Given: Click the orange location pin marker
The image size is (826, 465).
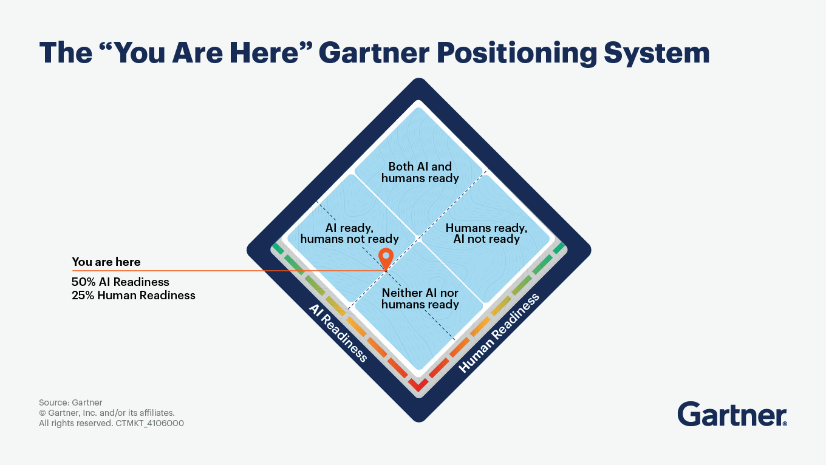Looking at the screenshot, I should (386, 258).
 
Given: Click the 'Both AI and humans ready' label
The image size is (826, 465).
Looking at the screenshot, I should (420, 172).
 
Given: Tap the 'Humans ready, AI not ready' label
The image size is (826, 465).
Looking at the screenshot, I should (486, 234).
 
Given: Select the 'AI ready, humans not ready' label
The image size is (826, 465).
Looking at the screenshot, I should (350, 234).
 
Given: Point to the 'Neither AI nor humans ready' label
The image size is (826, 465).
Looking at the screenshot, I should (420, 299).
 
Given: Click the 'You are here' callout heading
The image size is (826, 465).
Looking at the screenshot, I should (106, 262).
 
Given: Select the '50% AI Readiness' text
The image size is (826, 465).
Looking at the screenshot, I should (120, 282).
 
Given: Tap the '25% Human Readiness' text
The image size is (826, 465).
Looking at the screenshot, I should (134, 296).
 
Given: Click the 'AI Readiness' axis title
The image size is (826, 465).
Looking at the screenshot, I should (338, 333).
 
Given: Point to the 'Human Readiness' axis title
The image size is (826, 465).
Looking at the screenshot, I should (499, 333).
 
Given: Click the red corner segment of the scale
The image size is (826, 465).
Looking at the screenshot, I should (418, 384).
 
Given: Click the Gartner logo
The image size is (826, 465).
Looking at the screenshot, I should (731, 415).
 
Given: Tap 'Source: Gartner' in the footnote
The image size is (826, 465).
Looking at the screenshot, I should (70, 402).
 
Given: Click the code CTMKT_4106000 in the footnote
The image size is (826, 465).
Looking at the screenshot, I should (149, 423).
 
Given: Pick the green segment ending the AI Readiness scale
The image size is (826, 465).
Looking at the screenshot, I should (278, 248).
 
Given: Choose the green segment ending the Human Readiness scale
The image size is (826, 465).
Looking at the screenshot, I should (558, 248).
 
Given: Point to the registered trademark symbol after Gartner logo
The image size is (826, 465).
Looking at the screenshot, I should (785, 423).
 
